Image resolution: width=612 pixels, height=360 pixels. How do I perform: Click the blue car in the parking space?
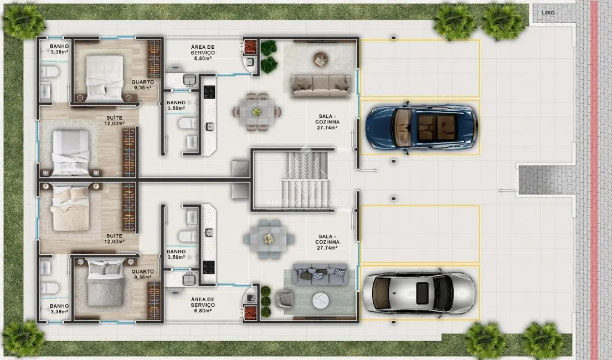coord(420,127)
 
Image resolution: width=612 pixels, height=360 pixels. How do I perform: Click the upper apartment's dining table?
coord(256,112)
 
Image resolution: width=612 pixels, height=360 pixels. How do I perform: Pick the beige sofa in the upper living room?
coord(321,86)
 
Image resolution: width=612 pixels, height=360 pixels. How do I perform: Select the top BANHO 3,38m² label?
coord(59,49)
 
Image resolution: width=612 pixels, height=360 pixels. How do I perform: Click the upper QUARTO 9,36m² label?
coord(142,84)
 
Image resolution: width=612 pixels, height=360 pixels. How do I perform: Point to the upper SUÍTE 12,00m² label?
coord(115,121)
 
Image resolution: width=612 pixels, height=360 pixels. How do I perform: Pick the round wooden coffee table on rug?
coord(320,58)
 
